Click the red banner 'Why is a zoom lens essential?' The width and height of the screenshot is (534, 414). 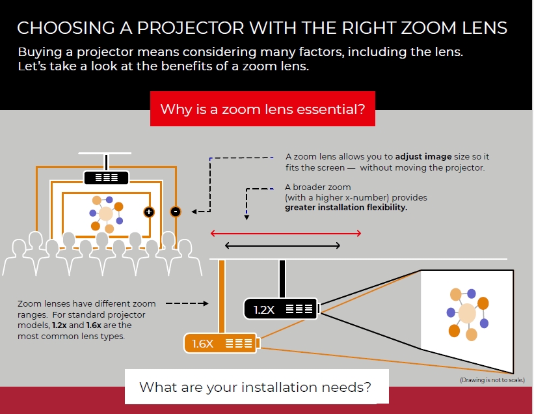click(x=262, y=109)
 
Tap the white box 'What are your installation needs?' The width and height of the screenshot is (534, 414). click(x=256, y=387)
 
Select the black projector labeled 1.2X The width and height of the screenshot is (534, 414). click(x=281, y=309)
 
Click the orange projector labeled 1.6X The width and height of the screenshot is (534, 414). click(x=222, y=343)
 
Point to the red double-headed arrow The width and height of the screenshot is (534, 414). click(x=286, y=233)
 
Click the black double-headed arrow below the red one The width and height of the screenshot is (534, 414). click(x=282, y=245)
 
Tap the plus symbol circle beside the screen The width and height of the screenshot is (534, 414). click(x=148, y=212)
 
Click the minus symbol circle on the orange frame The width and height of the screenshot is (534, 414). click(x=175, y=211)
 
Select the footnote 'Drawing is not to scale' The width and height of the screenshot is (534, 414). click(x=492, y=379)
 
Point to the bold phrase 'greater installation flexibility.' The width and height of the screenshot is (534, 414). click(x=346, y=208)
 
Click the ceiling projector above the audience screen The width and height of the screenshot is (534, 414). click(x=106, y=176)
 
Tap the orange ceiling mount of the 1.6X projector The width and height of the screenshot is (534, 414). click(x=222, y=297)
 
